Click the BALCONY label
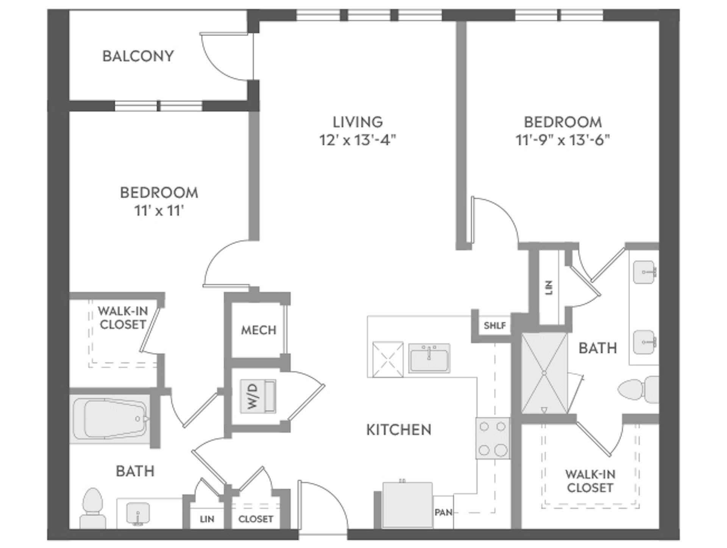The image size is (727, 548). click(x=138, y=56)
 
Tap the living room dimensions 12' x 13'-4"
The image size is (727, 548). click(x=357, y=140)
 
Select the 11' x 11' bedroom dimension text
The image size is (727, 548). click(x=159, y=211)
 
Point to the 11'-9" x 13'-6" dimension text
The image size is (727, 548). click(x=563, y=140)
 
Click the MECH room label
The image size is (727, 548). click(x=259, y=330)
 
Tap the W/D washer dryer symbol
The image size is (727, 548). click(x=258, y=396)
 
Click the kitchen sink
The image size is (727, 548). click(x=429, y=358)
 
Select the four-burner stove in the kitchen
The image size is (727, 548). click(x=492, y=438)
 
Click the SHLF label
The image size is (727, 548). click(x=495, y=325)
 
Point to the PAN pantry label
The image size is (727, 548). click(x=443, y=512)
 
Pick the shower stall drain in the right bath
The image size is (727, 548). click(x=544, y=373)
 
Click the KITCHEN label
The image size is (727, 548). click(x=399, y=429)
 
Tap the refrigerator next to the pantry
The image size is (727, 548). click(x=407, y=504)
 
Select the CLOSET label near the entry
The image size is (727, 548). click(x=256, y=519)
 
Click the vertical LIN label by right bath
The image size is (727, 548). click(x=549, y=287)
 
